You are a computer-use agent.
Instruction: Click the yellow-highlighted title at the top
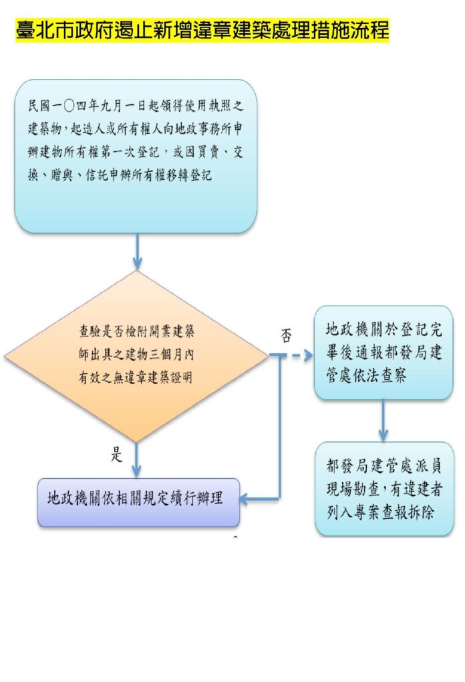[x=202, y=30]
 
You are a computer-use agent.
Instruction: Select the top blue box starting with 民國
[x=136, y=156]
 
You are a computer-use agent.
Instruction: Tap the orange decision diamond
[x=136, y=356]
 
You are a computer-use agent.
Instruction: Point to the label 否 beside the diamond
[x=286, y=336]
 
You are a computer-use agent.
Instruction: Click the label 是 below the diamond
[x=117, y=456]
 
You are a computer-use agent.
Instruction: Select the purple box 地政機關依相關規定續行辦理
[x=138, y=499]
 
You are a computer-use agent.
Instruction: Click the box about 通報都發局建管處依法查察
[x=383, y=353]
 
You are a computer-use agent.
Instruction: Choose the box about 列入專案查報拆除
[x=383, y=488]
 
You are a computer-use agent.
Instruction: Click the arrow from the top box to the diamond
[x=137, y=251]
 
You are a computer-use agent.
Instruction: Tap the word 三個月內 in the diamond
[x=171, y=354]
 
